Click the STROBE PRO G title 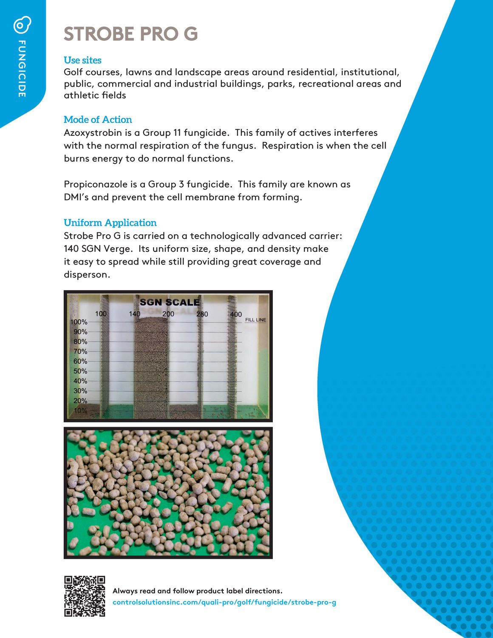(x=131, y=34)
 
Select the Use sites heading (x=82, y=60)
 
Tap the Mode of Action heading (x=98, y=120)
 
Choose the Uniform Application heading (x=110, y=222)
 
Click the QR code (x=85, y=596)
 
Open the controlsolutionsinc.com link (x=224, y=602)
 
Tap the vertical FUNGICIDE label (x=22, y=69)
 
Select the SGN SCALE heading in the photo (x=170, y=302)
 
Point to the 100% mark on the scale (x=79, y=322)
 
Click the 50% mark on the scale (x=80, y=371)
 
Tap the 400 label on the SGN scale (x=236, y=314)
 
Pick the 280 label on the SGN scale (x=202, y=314)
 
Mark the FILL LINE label (x=255, y=320)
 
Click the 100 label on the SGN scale (x=101, y=313)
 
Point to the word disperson (x=87, y=274)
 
